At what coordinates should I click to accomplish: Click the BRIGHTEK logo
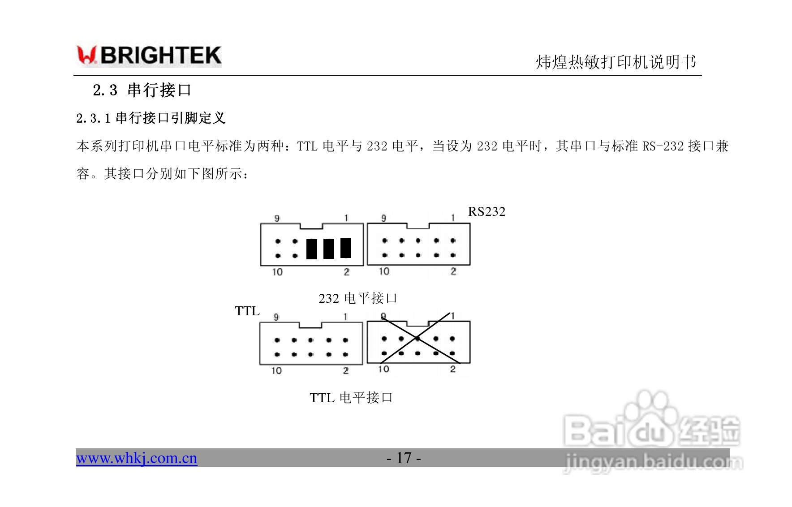(149, 56)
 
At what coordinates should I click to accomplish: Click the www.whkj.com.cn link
(137, 458)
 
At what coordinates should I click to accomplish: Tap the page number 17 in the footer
(404, 458)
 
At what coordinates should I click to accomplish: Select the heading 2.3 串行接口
(142, 90)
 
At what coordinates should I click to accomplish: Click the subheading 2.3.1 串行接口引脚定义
(151, 118)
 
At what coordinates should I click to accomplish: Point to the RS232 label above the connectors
(486, 212)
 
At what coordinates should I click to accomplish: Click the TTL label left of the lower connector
(247, 311)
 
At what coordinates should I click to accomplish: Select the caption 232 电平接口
(357, 298)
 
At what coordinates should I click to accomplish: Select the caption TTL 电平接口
(351, 398)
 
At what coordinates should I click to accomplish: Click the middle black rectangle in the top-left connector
(329, 249)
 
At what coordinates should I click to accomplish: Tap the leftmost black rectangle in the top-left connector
(312, 249)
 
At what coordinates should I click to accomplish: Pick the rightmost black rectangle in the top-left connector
(346, 248)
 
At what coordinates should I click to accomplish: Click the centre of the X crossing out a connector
(418, 338)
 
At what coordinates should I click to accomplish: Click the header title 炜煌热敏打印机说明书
(616, 62)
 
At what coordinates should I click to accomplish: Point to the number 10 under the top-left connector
(277, 272)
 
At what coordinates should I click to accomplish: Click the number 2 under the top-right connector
(453, 271)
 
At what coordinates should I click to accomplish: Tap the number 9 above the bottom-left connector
(276, 317)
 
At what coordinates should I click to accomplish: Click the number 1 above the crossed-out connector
(453, 316)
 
